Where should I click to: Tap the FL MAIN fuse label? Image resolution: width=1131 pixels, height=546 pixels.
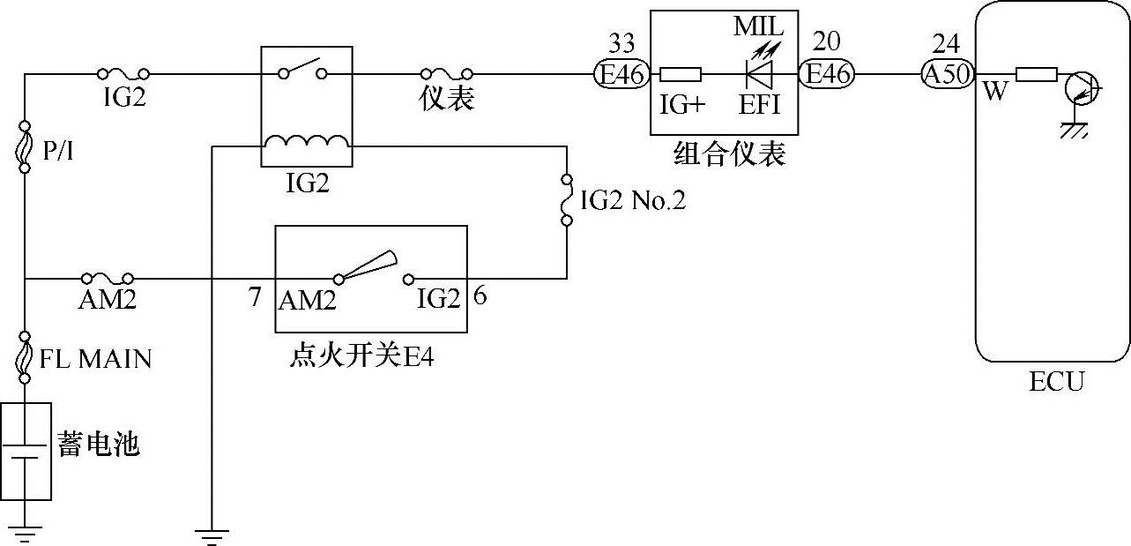coord(95,359)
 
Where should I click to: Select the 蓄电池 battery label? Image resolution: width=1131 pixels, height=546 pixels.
coord(99,443)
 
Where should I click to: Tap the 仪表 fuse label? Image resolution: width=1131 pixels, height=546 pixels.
coord(446,99)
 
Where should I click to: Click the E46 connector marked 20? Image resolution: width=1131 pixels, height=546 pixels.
coord(826,74)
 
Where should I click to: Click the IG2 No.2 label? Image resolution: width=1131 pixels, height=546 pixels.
coord(633,201)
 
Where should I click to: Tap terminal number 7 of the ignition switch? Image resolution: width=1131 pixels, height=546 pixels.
coord(255,297)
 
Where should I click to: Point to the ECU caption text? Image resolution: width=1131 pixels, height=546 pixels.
coord(1056,381)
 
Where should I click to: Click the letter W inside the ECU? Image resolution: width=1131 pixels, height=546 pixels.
coord(994,91)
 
